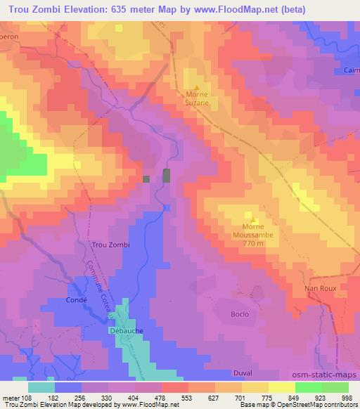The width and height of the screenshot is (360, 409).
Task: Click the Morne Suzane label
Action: pyautogui.click(x=197, y=97)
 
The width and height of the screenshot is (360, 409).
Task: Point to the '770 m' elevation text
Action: pyautogui.click(x=253, y=243)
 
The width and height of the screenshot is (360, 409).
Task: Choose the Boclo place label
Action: pyautogui.click(x=240, y=314)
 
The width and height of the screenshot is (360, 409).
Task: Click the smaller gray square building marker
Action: pyautogui.click(x=146, y=179)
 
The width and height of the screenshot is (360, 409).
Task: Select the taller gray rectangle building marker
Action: pyautogui.click(x=167, y=176)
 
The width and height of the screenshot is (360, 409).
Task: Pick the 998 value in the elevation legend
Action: pyautogui.click(x=347, y=398)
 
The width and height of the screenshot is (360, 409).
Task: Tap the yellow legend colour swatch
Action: pyautogui.click(x=282, y=387)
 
